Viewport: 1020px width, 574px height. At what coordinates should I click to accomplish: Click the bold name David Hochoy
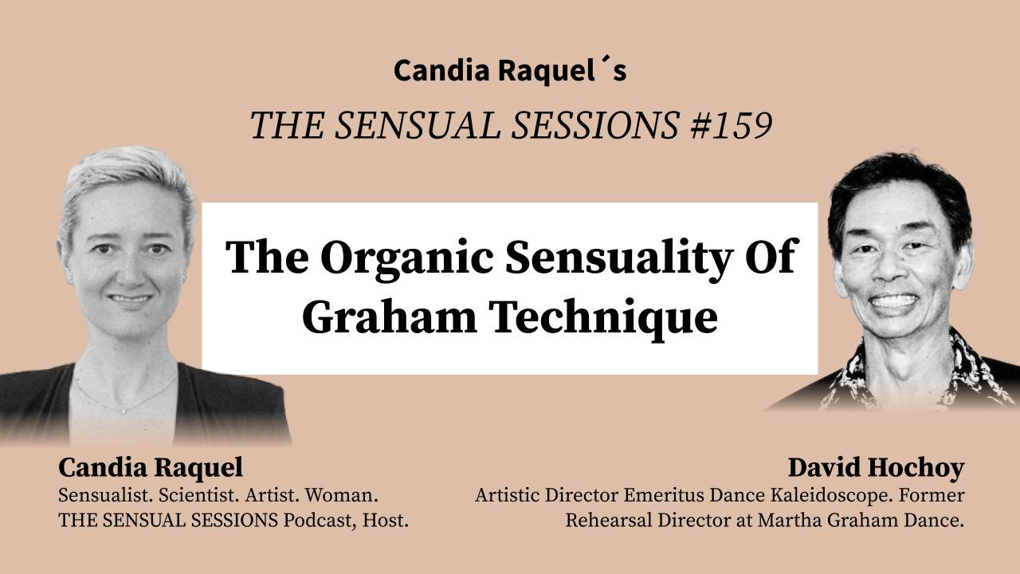pyautogui.click(x=876, y=467)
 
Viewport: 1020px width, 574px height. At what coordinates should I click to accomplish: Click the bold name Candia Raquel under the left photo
pyautogui.click(x=151, y=467)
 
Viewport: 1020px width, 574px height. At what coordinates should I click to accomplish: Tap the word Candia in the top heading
pyautogui.click(x=441, y=70)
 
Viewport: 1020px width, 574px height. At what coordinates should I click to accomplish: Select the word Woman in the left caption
pyautogui.click(x=345, y=495)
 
